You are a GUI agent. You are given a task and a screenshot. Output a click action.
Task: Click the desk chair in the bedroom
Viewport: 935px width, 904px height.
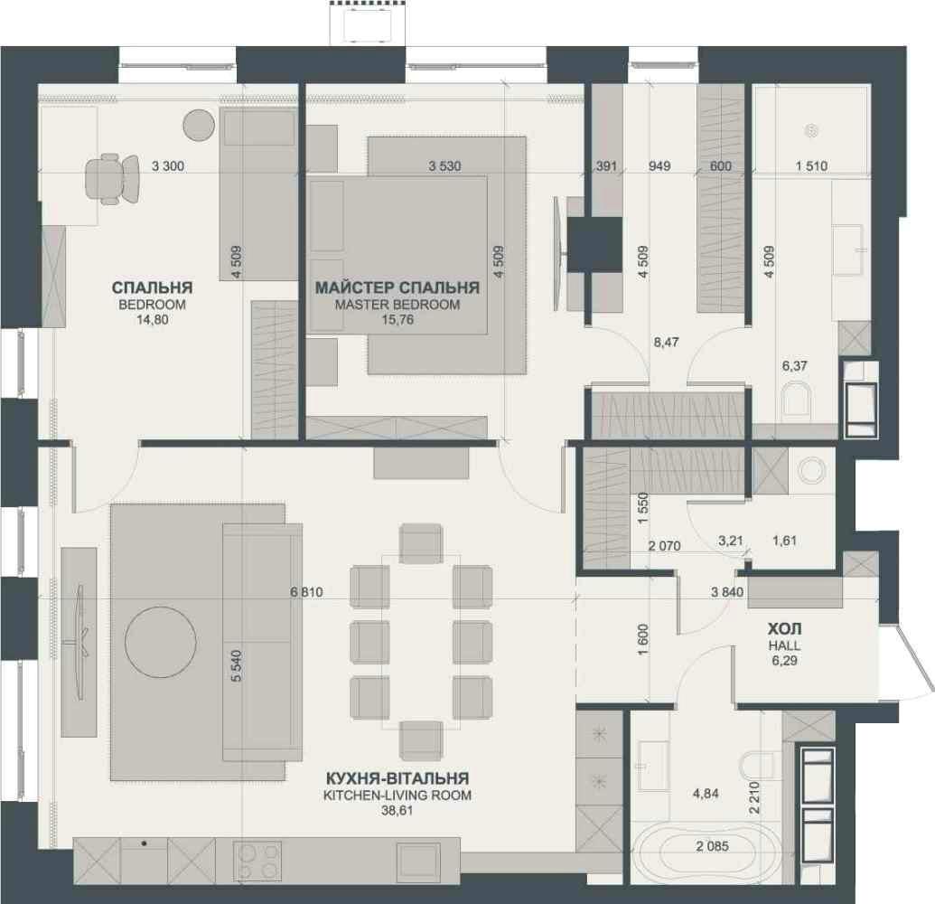pyautogui.click(x=112, y=179)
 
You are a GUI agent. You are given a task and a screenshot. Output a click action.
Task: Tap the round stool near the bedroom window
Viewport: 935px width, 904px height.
pyautogui.click(x=198, y=126)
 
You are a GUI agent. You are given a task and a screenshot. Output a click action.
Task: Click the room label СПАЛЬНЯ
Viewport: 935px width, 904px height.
pyautogui.click(x=152, y=287)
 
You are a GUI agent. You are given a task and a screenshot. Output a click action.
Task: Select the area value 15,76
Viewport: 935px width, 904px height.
pyautogui.click(x=397, y=320)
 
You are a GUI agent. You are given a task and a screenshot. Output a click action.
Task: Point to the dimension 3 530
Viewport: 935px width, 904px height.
pyautogui.click(x=444, y=165)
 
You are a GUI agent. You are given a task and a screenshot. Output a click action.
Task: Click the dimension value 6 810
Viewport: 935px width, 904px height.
pyautogui.click(x=306, y=592)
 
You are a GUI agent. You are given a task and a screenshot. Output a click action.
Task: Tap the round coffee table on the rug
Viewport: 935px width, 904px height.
pyautogui.click(x=161, y=642)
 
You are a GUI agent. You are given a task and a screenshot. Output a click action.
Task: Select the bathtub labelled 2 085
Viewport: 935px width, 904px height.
pyautogui.click(x=713, y=846)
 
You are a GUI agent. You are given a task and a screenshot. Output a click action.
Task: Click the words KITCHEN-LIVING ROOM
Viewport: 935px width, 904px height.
pyautogui.click(x=397, y=795)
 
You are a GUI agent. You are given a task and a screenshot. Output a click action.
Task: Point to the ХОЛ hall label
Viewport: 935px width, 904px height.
pyautogui.click(x=784, y=629)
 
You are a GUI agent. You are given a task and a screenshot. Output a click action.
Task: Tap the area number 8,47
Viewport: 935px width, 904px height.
pyautogui.click(x=666, y=343)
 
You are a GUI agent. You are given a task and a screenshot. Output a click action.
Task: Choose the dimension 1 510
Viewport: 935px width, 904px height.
pyautogui.click(x=811, y=165)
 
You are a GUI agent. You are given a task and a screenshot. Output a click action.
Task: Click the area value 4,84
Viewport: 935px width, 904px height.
pyautogui.click(x=706, y=794)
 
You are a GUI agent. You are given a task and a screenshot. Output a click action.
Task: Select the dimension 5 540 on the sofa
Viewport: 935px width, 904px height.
pyautogui.click(x=236, y=666)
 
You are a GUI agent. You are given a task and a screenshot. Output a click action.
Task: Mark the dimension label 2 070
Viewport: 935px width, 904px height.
pyautogui.click(x=664, y=545)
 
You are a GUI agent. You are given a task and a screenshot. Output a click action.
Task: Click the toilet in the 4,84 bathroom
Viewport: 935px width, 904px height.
pyautogui.click(x=756, y=766)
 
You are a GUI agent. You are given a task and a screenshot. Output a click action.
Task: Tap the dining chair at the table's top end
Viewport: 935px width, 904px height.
pyautogui.click(x=421, y=543)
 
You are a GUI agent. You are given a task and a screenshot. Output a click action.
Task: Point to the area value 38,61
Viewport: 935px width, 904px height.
pyautogui.click(x=397, y=811)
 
